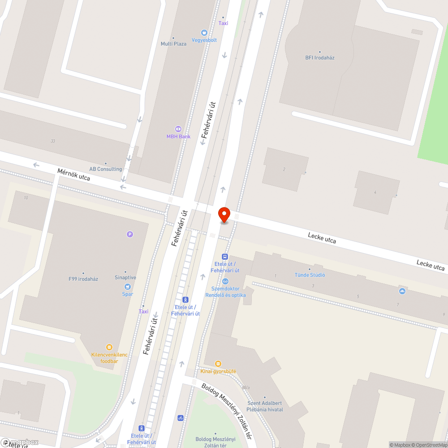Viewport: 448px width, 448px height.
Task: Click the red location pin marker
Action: tap(224, 215)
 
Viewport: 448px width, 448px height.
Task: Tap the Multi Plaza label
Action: tap(173, 44)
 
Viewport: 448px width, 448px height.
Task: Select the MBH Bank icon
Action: tap(178, 129)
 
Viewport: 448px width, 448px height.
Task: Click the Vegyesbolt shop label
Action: tap(204, 40)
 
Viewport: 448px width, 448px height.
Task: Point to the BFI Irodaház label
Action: tap(320, 58)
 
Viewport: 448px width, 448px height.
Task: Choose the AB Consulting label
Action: tap(106, 169)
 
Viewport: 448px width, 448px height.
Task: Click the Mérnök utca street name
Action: tap(73, 175)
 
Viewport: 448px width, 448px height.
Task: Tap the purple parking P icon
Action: tap(130, 234)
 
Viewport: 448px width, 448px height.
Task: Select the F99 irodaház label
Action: tap(83, 279)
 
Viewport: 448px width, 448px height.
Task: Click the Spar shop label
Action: tap(128, 294)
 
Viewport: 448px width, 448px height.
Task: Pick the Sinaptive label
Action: tap(125, 277)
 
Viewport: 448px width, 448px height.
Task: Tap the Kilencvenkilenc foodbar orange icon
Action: tap(109, 347)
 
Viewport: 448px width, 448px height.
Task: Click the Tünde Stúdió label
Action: tap(310, 275)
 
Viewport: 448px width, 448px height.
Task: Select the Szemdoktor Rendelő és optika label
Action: tap(225, 292)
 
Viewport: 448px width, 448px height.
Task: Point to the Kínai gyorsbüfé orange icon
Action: tap(218, 364)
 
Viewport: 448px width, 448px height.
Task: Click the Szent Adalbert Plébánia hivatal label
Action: tap(265, 406)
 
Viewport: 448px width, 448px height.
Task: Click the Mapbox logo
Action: tap(20, 442)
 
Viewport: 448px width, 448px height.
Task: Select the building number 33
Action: tap(53, 141)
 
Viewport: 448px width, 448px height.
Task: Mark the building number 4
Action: tap(375, 192)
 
